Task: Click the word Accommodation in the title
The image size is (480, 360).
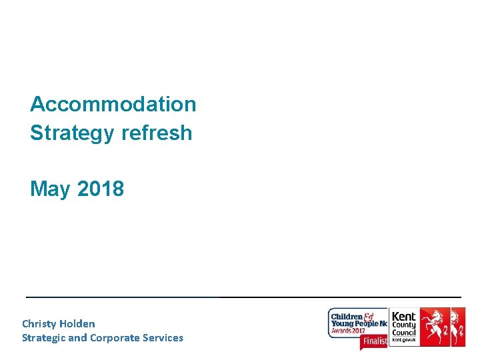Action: pyautogui.click(x=113, y=104)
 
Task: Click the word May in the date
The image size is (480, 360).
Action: pyautogui.click(x=50, y=189)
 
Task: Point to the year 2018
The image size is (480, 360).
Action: pyautogui.click(x=101, y=189)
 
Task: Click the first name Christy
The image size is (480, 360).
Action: pyautogui.click(x=39, y=324)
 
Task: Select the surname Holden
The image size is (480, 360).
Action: pyautogui.click(x=77, y=324)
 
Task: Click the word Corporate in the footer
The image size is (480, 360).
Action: pyautogui.click(x=113, y=337)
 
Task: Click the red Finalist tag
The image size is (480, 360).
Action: pyautogui.click(x=374, y=341)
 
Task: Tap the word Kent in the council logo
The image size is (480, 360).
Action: pyautogui.click(x=403, y=316)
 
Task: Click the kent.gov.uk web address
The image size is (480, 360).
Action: pyautogui.click(x=403, y=341)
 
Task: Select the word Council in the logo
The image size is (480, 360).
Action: pyautogui.click(x=404, y=332)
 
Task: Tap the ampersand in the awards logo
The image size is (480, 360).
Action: pyautogui.click(x=367, y=316)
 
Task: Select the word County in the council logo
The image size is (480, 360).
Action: pyautogui.click(x=404, y=325)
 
